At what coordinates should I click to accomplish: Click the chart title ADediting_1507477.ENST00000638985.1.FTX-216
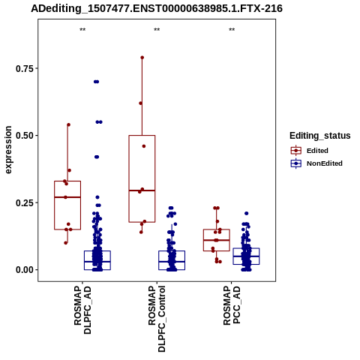click(x=157, y=8)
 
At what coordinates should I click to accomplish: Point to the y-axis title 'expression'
click(x=8, y=150)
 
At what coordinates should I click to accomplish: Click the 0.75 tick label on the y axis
click(x=25, y=68)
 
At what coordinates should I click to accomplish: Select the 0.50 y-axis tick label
click(x=25, y=136)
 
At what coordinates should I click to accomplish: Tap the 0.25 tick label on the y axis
click(x=25, y=202)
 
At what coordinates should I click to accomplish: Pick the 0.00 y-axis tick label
click(x=25, y=270)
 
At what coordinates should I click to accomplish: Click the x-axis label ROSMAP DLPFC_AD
click(x=82, y=310)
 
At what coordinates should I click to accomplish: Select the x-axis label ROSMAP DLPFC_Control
click(x=157, y=319)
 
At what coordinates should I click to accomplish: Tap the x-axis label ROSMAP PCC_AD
click(x=232, y=305)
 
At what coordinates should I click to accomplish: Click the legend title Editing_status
click(x=320, y=136)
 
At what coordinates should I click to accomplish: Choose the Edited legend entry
click(x=310, y=151)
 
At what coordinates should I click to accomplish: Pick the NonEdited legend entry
click(x=316, y=163)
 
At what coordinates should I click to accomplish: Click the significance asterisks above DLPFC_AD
click(x=82, y=30)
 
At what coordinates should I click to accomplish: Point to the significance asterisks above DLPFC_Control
click(x=157, y=30)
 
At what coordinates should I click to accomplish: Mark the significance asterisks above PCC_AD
click(x=232, y=30)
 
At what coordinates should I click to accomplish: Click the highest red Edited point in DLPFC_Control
click(x=142, y=58)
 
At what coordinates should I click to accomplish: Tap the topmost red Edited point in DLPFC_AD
click(x=68, y=124)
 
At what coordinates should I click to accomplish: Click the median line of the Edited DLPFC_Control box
click(x=142, y=190)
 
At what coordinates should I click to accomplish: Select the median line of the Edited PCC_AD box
click(x=217, y=240)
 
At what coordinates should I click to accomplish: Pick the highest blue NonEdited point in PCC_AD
click(x=247, y=213)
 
